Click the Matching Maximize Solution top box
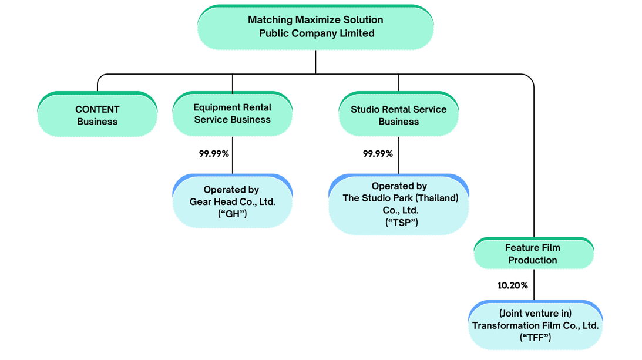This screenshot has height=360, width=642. (315, 27)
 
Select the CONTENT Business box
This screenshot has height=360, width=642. (98, 114)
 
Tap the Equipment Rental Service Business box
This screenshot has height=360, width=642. (233, 113)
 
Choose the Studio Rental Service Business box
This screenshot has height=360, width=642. (398, 113)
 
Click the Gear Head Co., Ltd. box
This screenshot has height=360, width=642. (233, 201)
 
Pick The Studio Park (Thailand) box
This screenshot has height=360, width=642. (399, 204)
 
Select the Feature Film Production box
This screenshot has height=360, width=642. (533, 253)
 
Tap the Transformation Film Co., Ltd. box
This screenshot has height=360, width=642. (535, 325)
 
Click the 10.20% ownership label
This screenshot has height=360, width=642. (513, 285)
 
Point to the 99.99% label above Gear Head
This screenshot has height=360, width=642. (214, 154)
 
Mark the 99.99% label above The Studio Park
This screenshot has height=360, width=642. (378, 154)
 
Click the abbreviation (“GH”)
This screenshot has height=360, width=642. (233, 214)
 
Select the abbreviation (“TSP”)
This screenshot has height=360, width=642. (401, 223)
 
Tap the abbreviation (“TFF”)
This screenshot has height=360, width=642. (536, 338)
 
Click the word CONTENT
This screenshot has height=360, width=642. (98, 109)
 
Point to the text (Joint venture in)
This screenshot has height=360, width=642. (535, 313)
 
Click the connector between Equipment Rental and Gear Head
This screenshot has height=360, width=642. (233, 155)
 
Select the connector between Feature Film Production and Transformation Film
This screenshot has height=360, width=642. (534, 285)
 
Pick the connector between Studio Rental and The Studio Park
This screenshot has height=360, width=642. (399, 155)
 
